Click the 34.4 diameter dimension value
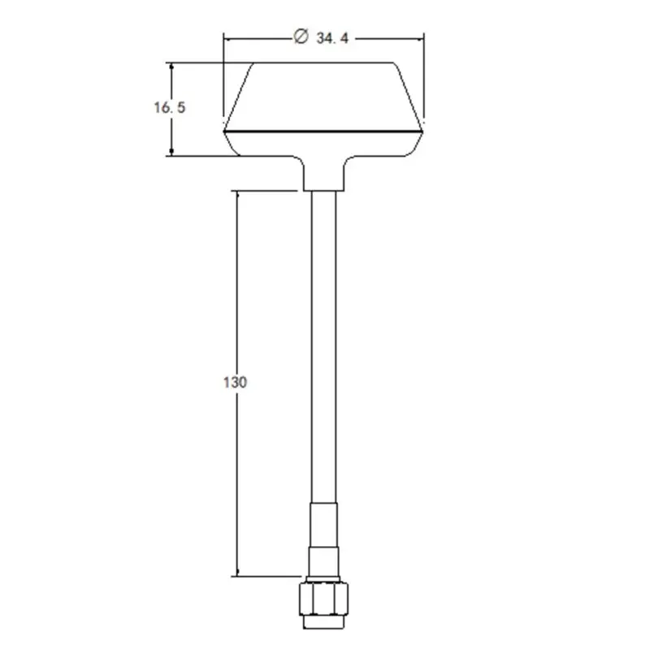332,38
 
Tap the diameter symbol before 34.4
301,36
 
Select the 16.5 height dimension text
170,108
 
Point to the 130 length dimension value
235,382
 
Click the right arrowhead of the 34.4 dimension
420,39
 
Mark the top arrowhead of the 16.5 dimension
171,67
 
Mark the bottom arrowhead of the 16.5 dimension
171,152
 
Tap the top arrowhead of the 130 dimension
237,195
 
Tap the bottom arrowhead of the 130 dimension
237,572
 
